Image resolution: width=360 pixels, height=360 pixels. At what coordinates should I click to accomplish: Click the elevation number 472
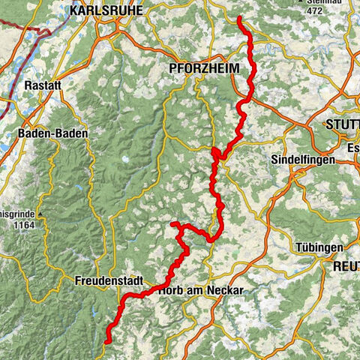tap(315, 11)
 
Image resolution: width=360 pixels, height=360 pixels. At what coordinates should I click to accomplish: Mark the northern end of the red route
tap(239, 17)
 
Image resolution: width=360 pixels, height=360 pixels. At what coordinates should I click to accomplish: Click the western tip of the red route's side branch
tap(172, 223)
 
